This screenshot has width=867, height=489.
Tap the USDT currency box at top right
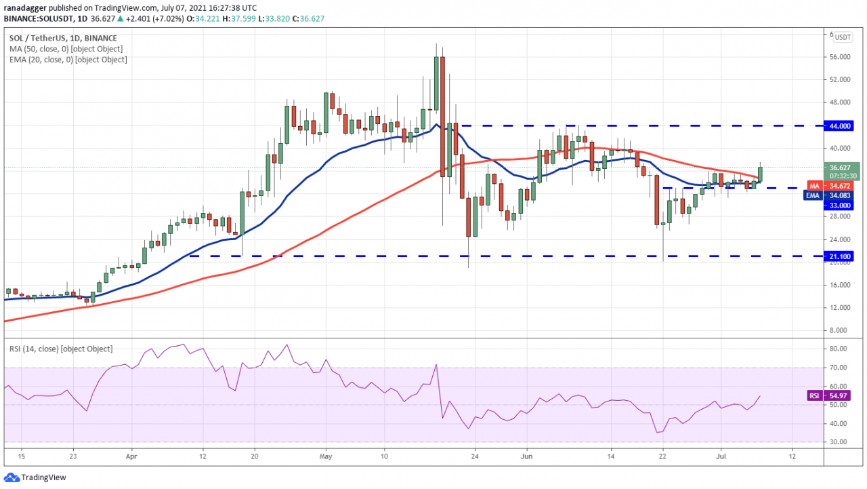coord(843,37)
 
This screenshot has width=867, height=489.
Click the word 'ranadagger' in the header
coord(26,7)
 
